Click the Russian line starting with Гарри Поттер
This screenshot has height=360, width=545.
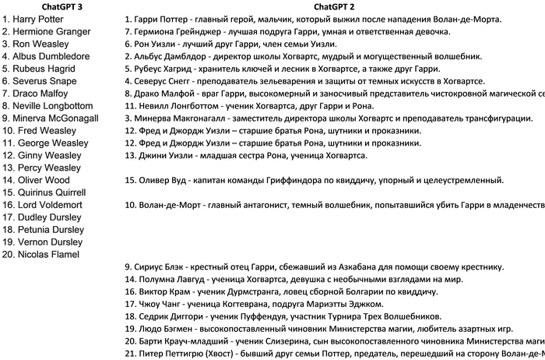point(311,19)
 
